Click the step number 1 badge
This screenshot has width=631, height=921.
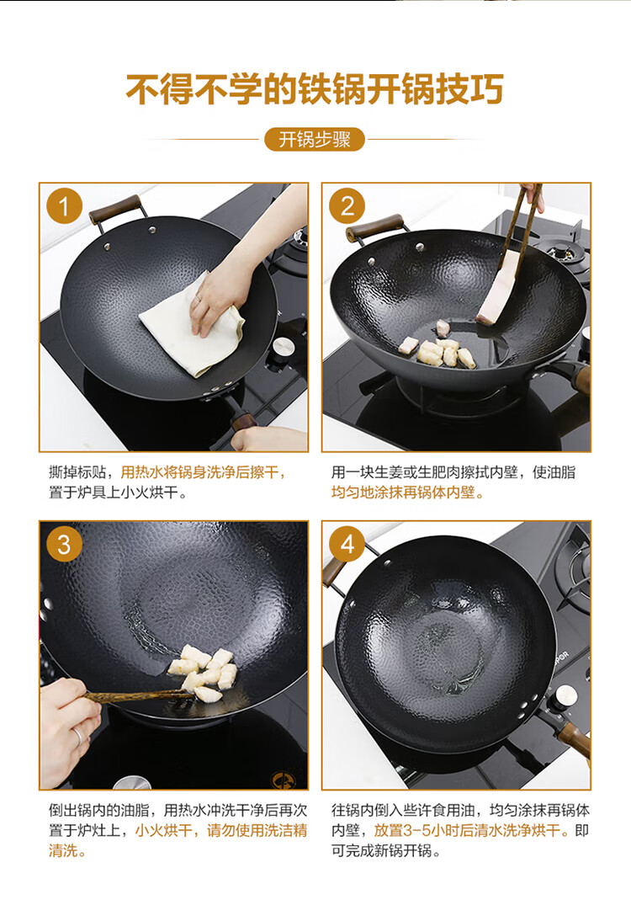pos(64,206)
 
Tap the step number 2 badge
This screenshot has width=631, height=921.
pos(347,206)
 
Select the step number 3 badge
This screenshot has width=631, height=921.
pos(64,545)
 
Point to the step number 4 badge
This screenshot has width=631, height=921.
pos(347,545)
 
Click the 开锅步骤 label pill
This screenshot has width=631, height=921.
pos(315,140)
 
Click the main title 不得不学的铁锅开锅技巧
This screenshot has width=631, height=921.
pos(315,90)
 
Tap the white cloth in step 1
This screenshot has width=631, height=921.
pos(191,325)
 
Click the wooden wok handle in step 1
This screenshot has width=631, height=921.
pos(115,210)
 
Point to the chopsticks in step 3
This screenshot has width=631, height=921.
pos(139,697)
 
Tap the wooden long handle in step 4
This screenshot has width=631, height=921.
pos(574,738)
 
